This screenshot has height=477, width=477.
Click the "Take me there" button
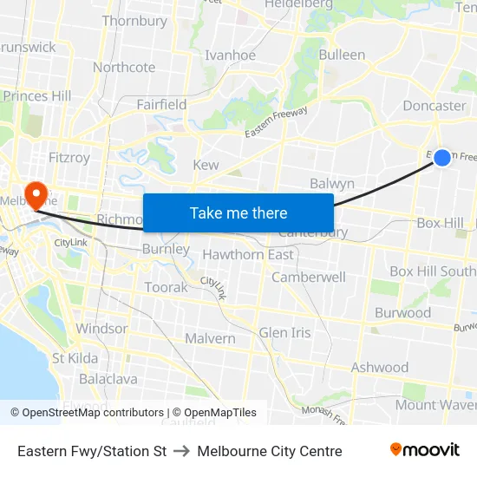pyautogui.click(x=238, y=212)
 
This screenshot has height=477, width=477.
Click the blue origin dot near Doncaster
pyautogui.click(x=442, y=157)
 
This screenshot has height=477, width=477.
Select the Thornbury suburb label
pyautogui.click(x=134, y=21)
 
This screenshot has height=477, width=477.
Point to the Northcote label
pyautogui.click(x=124, y=67)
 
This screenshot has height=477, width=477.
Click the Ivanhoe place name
pyautogui.click(x=230, y=55)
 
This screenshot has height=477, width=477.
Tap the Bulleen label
pyautogui.click(x=342, y=55)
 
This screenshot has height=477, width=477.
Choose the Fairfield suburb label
pyautogui.click(x=161, y=104)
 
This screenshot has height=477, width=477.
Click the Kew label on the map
pyautogui.click(x=206, y=165)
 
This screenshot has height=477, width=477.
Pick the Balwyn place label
pyautogui.click(x=332, y=183)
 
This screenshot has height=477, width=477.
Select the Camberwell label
pyautogui.click(x=309, y=277)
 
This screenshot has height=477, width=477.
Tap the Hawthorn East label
pyautogui.click(x=248, y=254)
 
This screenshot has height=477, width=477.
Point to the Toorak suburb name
pyautogui.click(x=166, y=287)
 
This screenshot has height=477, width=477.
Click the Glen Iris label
pyautogui.click(x=285, y=333)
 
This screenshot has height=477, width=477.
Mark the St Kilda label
pyautogui.click(x=75, y=357)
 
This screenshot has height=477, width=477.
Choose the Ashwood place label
pyautogui.click(x=379, y=368)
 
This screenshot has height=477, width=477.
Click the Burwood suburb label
pyautogui.click(x=402, y=312)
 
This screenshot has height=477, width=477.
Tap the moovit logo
pyautogui.click(x=425, y=450)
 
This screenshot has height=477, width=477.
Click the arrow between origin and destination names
pyautogui.click(x=182, y=451)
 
